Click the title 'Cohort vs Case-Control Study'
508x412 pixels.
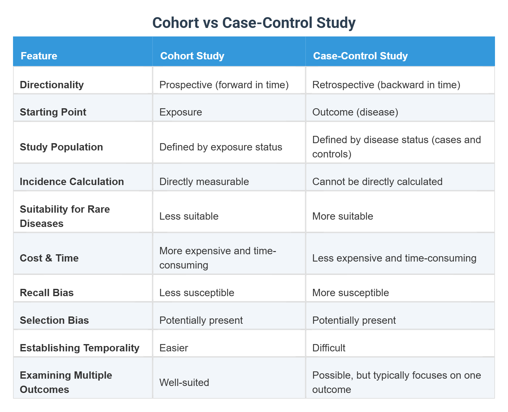(x=254, y=23)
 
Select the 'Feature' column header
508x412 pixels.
(x=39, y=56)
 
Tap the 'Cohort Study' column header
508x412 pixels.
(x=192, y=56)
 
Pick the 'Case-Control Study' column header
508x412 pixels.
(x=360, y=56)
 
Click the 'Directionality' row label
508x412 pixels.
(x=52, y=85)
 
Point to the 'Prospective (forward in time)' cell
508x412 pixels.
(x=224, y=85)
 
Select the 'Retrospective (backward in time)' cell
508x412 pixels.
(x=386, y=85)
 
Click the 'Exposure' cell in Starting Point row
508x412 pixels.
(x=181, y=112)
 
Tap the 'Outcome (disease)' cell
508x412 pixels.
(x=355, y=112)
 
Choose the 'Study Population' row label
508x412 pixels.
(x=61, y=147)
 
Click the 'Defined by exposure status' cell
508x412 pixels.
(x=221, y=147)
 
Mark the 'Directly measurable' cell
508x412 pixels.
(x=204, y=182)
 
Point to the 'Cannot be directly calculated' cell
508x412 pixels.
(x=377, y=182)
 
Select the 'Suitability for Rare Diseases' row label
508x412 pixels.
(x=65, y=216)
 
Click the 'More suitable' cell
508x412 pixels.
(x=343, y=216)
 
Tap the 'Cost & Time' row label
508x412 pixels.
(x=49, y=258)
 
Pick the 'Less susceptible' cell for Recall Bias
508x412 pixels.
(x=197, y=293)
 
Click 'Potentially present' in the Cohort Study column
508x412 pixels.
(x=201, y=320)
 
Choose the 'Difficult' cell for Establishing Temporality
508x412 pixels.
(x=329, y=348)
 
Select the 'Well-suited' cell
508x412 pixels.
(x=184, y=382)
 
